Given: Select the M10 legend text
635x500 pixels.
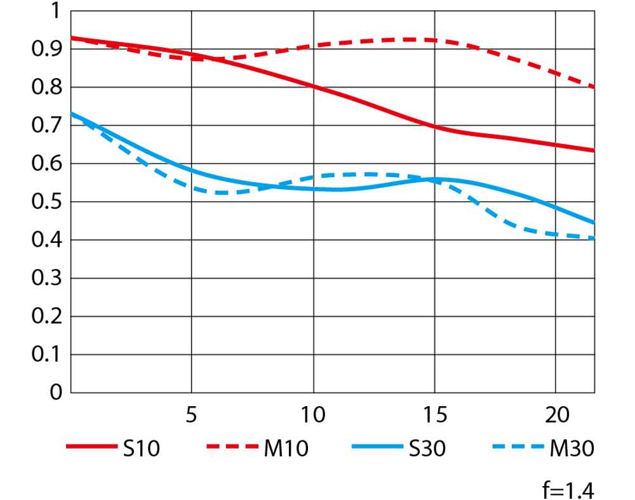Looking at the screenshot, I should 284,449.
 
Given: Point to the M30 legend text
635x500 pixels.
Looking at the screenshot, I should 571,449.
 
